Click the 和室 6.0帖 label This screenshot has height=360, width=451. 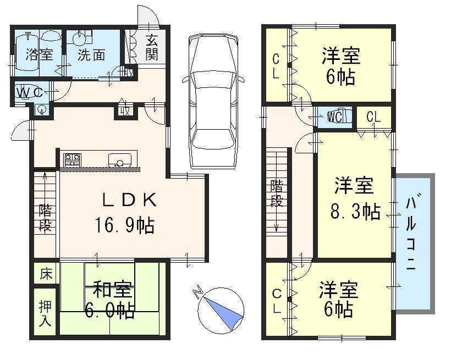pos(110,300)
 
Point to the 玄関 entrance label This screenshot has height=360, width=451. pos(152,47)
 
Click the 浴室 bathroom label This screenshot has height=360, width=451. pos(39,54)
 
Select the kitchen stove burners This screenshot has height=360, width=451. pos(72,160)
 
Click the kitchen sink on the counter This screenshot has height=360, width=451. pos(119,160)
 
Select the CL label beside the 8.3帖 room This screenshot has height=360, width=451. pos(373,117)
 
